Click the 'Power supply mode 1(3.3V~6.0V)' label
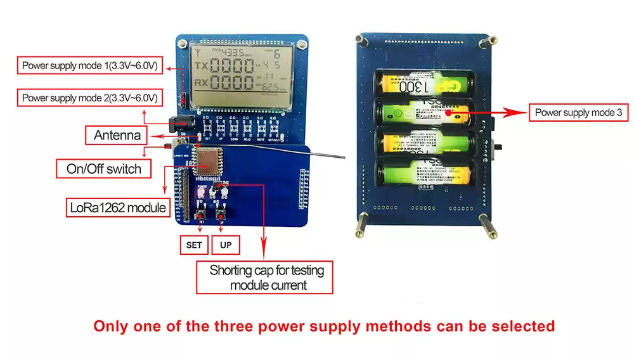coord(89,65)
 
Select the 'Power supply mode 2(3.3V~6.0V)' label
coord(89,98)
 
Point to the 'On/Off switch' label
coord(108,169)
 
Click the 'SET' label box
coord(193,245)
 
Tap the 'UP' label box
coord(225,245)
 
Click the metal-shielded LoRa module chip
coord(206,162)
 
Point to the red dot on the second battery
coord(448,113)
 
